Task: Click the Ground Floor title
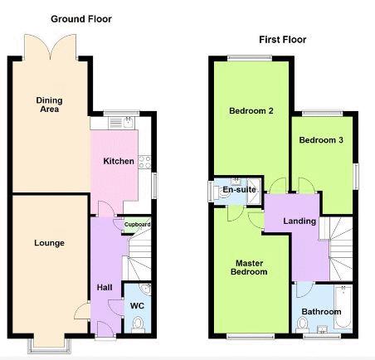tap(81, 19)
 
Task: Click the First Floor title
tap(282, 40)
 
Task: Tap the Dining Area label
tap(49, 105)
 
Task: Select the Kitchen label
tap(119, 161)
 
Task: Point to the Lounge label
tap(49, 243)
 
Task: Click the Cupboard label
tap(137, 224)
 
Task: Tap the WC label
tap(137, 305)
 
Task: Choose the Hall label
tap(105, 287)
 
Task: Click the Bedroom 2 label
tap(251, 111)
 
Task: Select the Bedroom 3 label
tap(321, 140)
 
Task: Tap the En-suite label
tap(239, 190)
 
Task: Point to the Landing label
tap(300, 221)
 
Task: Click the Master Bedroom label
tap(249, 267)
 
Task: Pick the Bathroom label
tap(321, 312)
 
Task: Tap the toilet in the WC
tap(138, 325)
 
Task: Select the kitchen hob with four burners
tap(144, 162)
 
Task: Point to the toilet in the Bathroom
tap(302, 325)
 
